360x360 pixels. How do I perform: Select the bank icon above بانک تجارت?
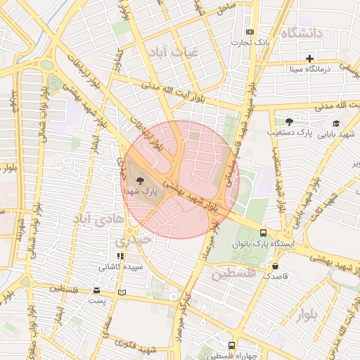[250, 32]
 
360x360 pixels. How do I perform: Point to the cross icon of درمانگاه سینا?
[309, 58]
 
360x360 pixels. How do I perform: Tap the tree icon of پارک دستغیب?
[289, 122]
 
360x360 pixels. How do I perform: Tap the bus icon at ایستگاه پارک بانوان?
[263, 233]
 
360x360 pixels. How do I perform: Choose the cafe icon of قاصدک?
[275, 266]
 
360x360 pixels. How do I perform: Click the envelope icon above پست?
[96, 290]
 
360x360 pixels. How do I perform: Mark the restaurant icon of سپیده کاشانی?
[120, 257]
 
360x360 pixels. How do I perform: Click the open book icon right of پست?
[123, 292]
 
